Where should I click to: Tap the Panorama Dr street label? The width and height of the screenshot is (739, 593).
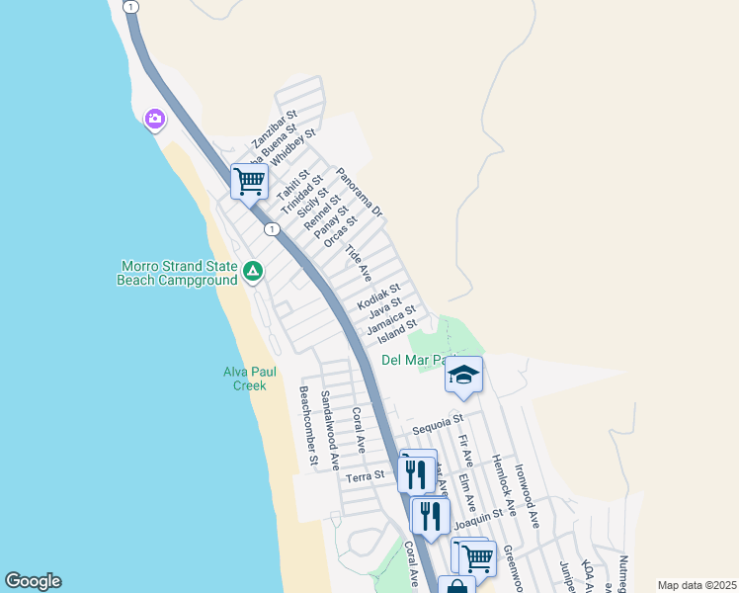click(x=359, y=193)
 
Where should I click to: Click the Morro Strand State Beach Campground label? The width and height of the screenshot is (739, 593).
click(x=178, y=273)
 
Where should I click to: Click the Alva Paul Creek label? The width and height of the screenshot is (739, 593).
click(x=249, y=379)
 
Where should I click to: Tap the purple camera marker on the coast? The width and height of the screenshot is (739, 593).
click(x=155, y=120)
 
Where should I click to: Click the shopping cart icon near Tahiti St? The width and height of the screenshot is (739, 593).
click(x=250, y=181)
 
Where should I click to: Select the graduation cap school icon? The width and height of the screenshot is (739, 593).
click(x=463, y=375)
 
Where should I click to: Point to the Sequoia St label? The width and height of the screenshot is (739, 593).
click(x=438, y=430)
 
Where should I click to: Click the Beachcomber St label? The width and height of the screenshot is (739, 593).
click(x=308, y=425)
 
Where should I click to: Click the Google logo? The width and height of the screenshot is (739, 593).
click(x=33, y=581)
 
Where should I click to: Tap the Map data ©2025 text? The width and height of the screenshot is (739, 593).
click(x=696, y=585)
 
